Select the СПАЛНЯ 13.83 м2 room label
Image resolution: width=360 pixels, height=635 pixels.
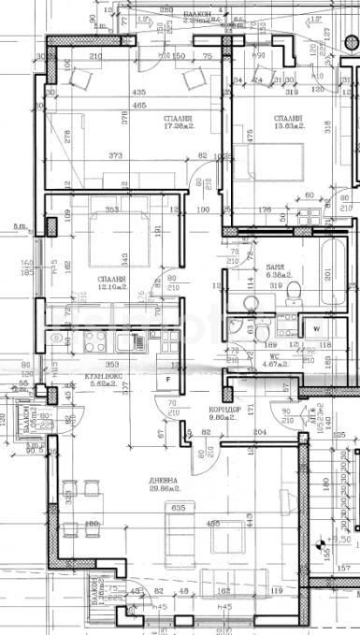288,123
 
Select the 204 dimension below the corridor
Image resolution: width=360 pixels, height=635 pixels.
259,431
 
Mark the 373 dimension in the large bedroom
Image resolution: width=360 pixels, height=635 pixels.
115,155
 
